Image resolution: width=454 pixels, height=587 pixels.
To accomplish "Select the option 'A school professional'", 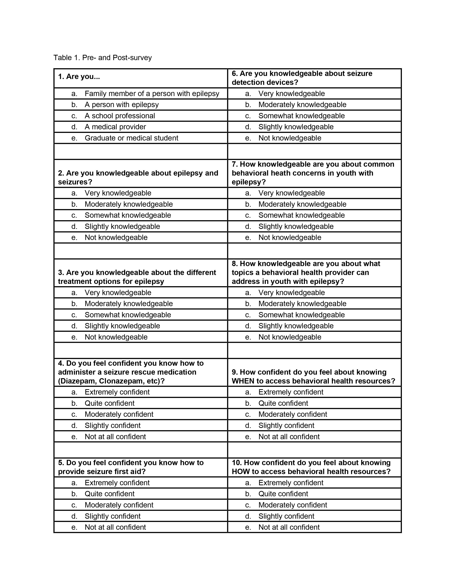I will pyautogui.click(x=120, y=116).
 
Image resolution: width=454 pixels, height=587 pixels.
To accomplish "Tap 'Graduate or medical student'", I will pyautogui.click(x=131, y=138).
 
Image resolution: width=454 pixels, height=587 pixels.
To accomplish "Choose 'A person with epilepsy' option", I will pyautogui.click(x=122, y=105).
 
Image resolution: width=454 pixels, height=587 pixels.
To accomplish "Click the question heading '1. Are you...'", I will pyautogui.click(x=79, y=77).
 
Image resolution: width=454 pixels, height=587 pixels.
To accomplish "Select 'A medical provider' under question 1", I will pyautogui.click(x=115, y=127).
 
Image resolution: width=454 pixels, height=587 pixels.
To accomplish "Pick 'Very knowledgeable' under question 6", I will pyautogui.click(x=292, y=94).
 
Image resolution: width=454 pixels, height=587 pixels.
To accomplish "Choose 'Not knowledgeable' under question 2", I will pyautogui.click(x=116, y=238).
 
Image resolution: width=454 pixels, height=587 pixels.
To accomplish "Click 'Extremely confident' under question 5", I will pyautogui.click(x=117, y=483).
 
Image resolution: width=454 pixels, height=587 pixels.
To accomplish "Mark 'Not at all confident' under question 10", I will pyautogui.click(x=289, y=527).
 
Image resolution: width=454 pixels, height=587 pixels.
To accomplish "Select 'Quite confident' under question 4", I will pyautogui.click(x=109, y=403).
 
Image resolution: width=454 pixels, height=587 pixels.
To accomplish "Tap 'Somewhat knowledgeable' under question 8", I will pyautogui.click(x=301, y=315).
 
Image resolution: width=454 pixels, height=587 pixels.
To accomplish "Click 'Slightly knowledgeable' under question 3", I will pyautogui.click(x=122, y=326).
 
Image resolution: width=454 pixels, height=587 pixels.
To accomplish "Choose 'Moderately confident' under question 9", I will pyautogui.click(x=293, y=414).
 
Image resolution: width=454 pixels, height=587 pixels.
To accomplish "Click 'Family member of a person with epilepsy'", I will pyautogui.click(x=152, y=94).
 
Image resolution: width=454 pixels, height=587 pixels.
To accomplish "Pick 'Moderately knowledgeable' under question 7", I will pyautogui.click(x=302, y=204).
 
